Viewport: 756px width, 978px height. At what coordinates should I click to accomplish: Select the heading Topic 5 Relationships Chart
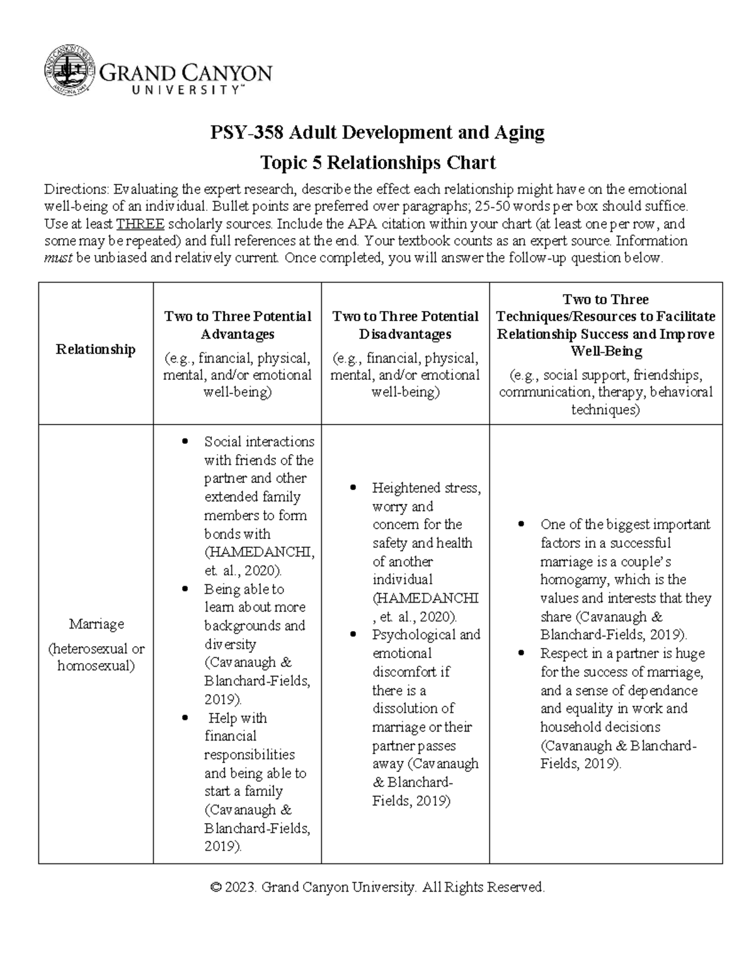coord(378,162)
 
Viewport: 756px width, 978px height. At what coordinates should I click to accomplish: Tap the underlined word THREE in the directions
coord(140,224)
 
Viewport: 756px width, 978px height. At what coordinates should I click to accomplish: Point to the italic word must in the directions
coord(57,258)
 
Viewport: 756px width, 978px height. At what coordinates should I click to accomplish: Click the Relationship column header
coord(96,350)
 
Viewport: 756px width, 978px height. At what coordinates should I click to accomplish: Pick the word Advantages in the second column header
coord(238,333)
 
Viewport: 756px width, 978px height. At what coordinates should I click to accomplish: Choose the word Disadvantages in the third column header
coord(405,333)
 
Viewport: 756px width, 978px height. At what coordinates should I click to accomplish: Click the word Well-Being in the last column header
coord(606,351)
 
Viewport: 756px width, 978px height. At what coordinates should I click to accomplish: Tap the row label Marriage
coord(96,624)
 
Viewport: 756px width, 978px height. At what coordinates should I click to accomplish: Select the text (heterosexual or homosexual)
coord(96,657)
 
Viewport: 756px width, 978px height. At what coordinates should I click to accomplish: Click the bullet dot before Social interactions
coord(185,442)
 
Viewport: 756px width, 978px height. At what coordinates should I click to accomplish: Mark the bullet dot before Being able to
coord(185,589)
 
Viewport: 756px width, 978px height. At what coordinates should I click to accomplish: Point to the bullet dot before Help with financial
coord(185,718)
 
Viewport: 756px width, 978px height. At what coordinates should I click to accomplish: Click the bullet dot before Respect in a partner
coord(520,654)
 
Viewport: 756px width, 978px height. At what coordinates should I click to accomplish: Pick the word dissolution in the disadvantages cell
coord(413,708)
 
